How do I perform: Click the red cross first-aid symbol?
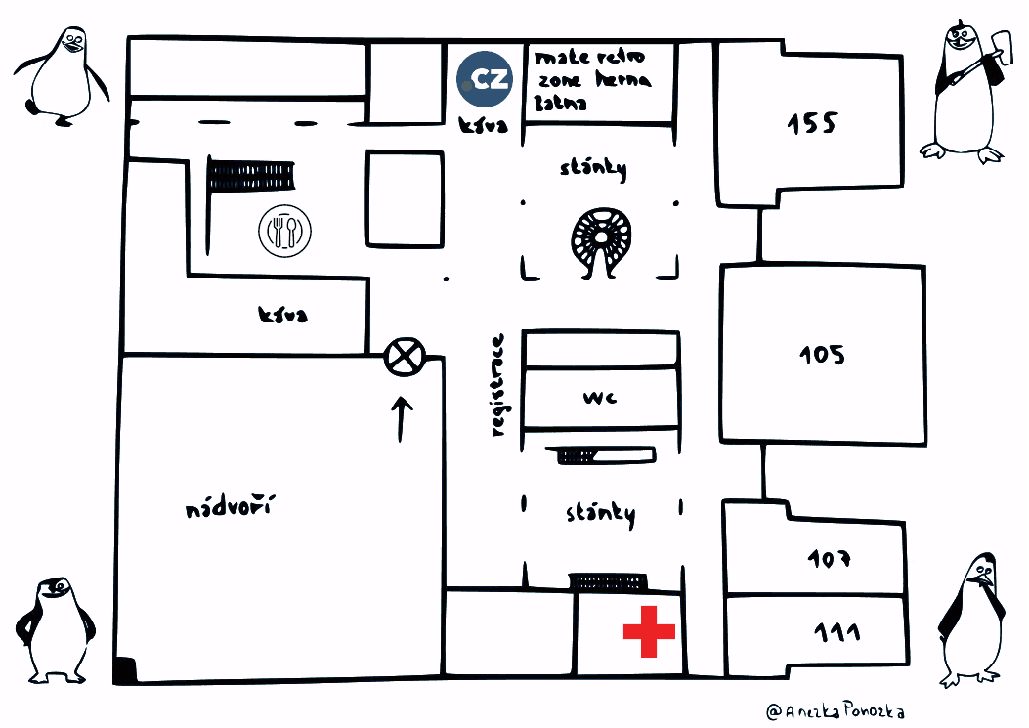coord(649,631)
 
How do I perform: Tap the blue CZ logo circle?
coord(486,78)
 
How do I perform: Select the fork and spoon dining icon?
coord(284,232)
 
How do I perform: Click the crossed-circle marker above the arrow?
coord(405,356)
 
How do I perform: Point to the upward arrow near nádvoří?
coord(402,418)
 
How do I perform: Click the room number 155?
coord(813,124)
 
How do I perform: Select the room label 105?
coord(822,354)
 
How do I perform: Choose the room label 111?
coord(836,632)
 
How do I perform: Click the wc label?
coord(599,398)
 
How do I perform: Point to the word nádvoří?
coord(231,508)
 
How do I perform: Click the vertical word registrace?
coord(499,385)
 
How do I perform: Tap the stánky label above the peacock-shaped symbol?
coord(592,168)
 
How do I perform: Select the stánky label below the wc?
coord(601,513)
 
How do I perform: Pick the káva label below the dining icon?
coord(283,316)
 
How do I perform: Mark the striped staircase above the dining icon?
coord(251,176)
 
